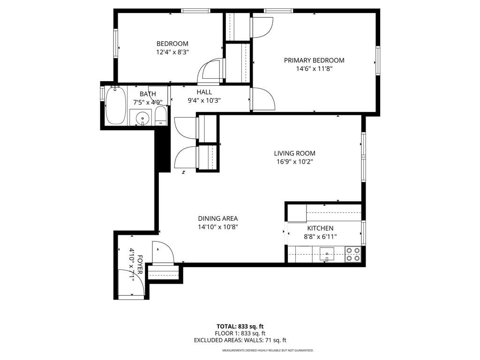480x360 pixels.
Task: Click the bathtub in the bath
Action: tap(115, 105)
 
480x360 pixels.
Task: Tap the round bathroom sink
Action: tap(141, 117)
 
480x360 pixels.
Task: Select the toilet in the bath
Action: tap(160, 115)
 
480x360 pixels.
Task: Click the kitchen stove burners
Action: tap(353, 254)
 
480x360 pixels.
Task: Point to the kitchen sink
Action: tap(327, 254)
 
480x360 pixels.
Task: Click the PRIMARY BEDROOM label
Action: tap(314, 60)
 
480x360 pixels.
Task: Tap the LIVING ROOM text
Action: tap(294, 153)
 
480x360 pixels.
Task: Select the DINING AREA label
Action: tap(217, 218)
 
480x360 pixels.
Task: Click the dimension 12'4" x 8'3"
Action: tap(172, 52)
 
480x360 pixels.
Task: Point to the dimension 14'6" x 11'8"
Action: tap(314, 69)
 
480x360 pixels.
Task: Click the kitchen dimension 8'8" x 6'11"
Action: tap(320, 237)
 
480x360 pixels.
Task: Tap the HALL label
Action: tap(204, 92)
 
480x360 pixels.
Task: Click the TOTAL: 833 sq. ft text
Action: tap(240, 326)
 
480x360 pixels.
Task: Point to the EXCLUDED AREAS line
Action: tap(240, 340)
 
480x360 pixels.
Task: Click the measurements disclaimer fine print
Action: tap(268, 351)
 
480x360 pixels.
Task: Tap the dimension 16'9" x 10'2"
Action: tap(294, 162)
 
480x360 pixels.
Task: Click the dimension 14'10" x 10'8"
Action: tap(217, 227)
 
